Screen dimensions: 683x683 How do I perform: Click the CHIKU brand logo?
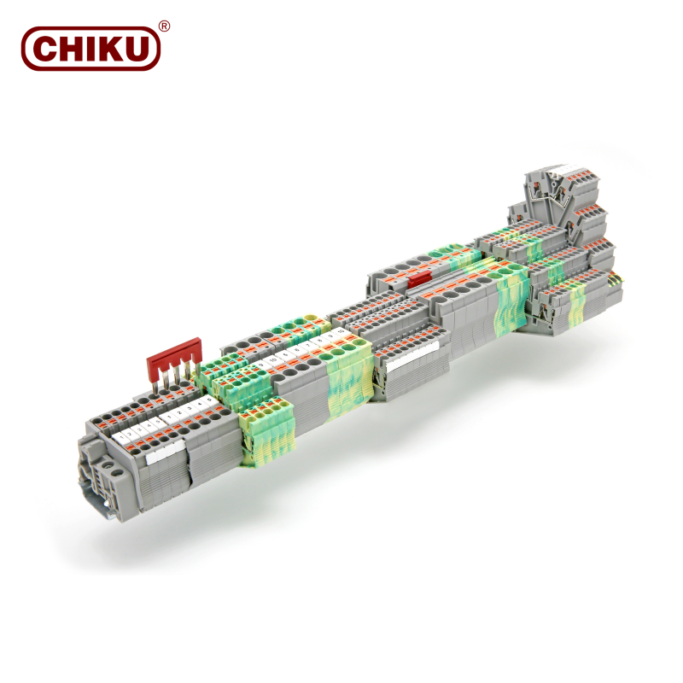coord(90,48)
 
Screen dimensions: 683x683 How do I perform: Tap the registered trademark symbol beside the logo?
coord(165,26)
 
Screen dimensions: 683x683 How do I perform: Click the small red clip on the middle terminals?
coord(419,280)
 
